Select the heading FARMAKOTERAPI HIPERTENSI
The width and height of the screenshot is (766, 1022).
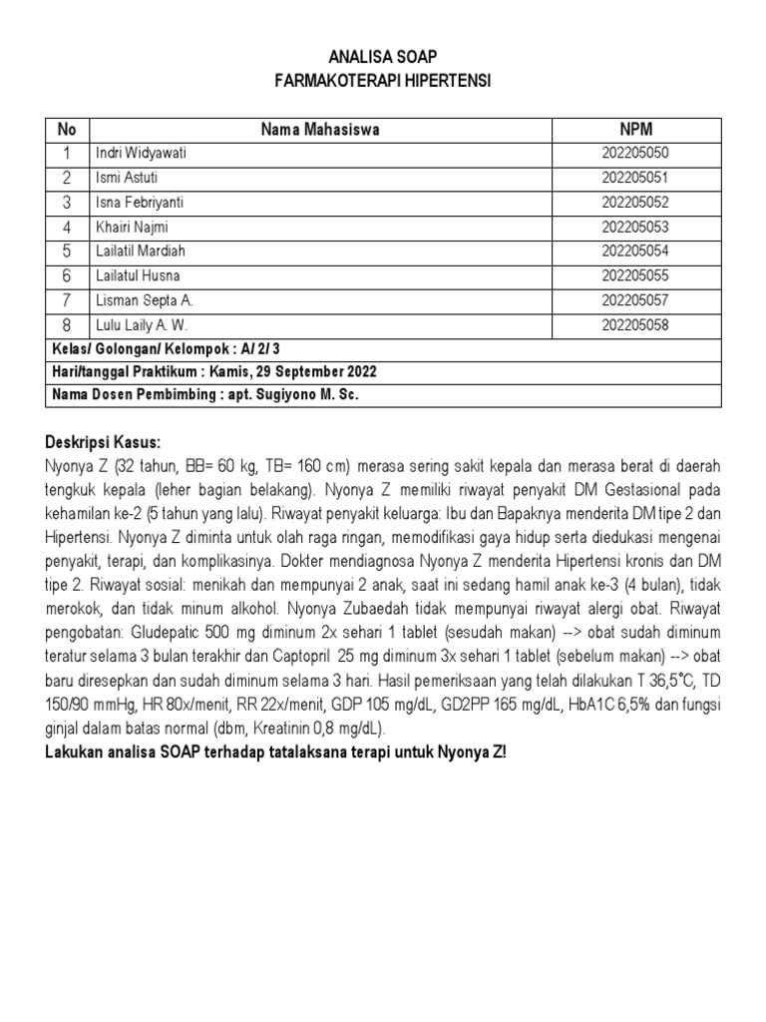pos(383,81)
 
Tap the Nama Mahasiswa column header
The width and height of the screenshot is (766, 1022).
pos(319,130)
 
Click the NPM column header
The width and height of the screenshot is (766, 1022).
pos(635,130)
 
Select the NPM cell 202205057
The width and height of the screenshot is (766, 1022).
pos(635,300)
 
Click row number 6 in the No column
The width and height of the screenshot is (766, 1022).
pos(67,276)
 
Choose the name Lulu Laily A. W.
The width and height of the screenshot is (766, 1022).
pos(141,325)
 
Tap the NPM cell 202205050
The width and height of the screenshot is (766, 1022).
pos(635,154)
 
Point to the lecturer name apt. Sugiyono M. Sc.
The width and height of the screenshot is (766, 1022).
pos(290,395)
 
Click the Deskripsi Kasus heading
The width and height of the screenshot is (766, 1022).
pos(103,443)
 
